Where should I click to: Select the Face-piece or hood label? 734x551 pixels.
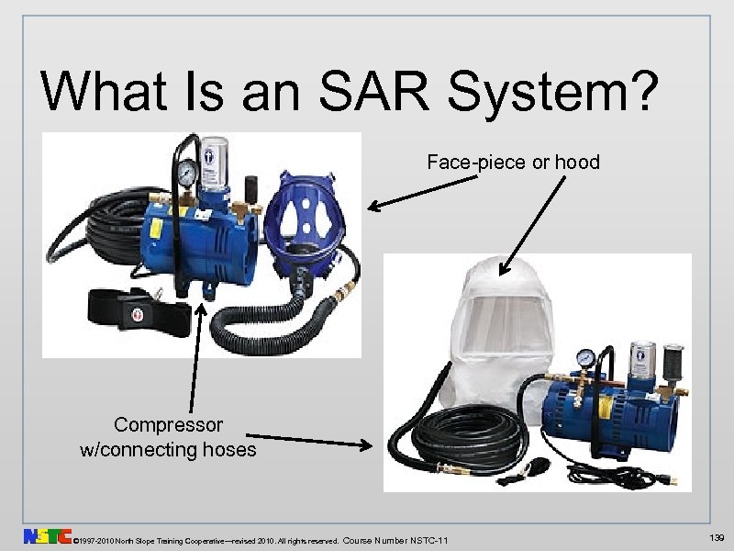pos(513,163)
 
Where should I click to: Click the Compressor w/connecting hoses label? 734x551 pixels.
pos(168,437)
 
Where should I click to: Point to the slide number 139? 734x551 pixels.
pos(716,534)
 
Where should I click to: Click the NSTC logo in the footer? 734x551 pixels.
pos(48,535)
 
